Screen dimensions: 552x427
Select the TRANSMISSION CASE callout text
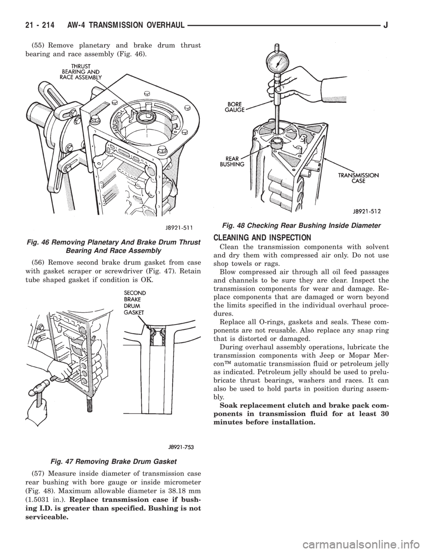[364, 178]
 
